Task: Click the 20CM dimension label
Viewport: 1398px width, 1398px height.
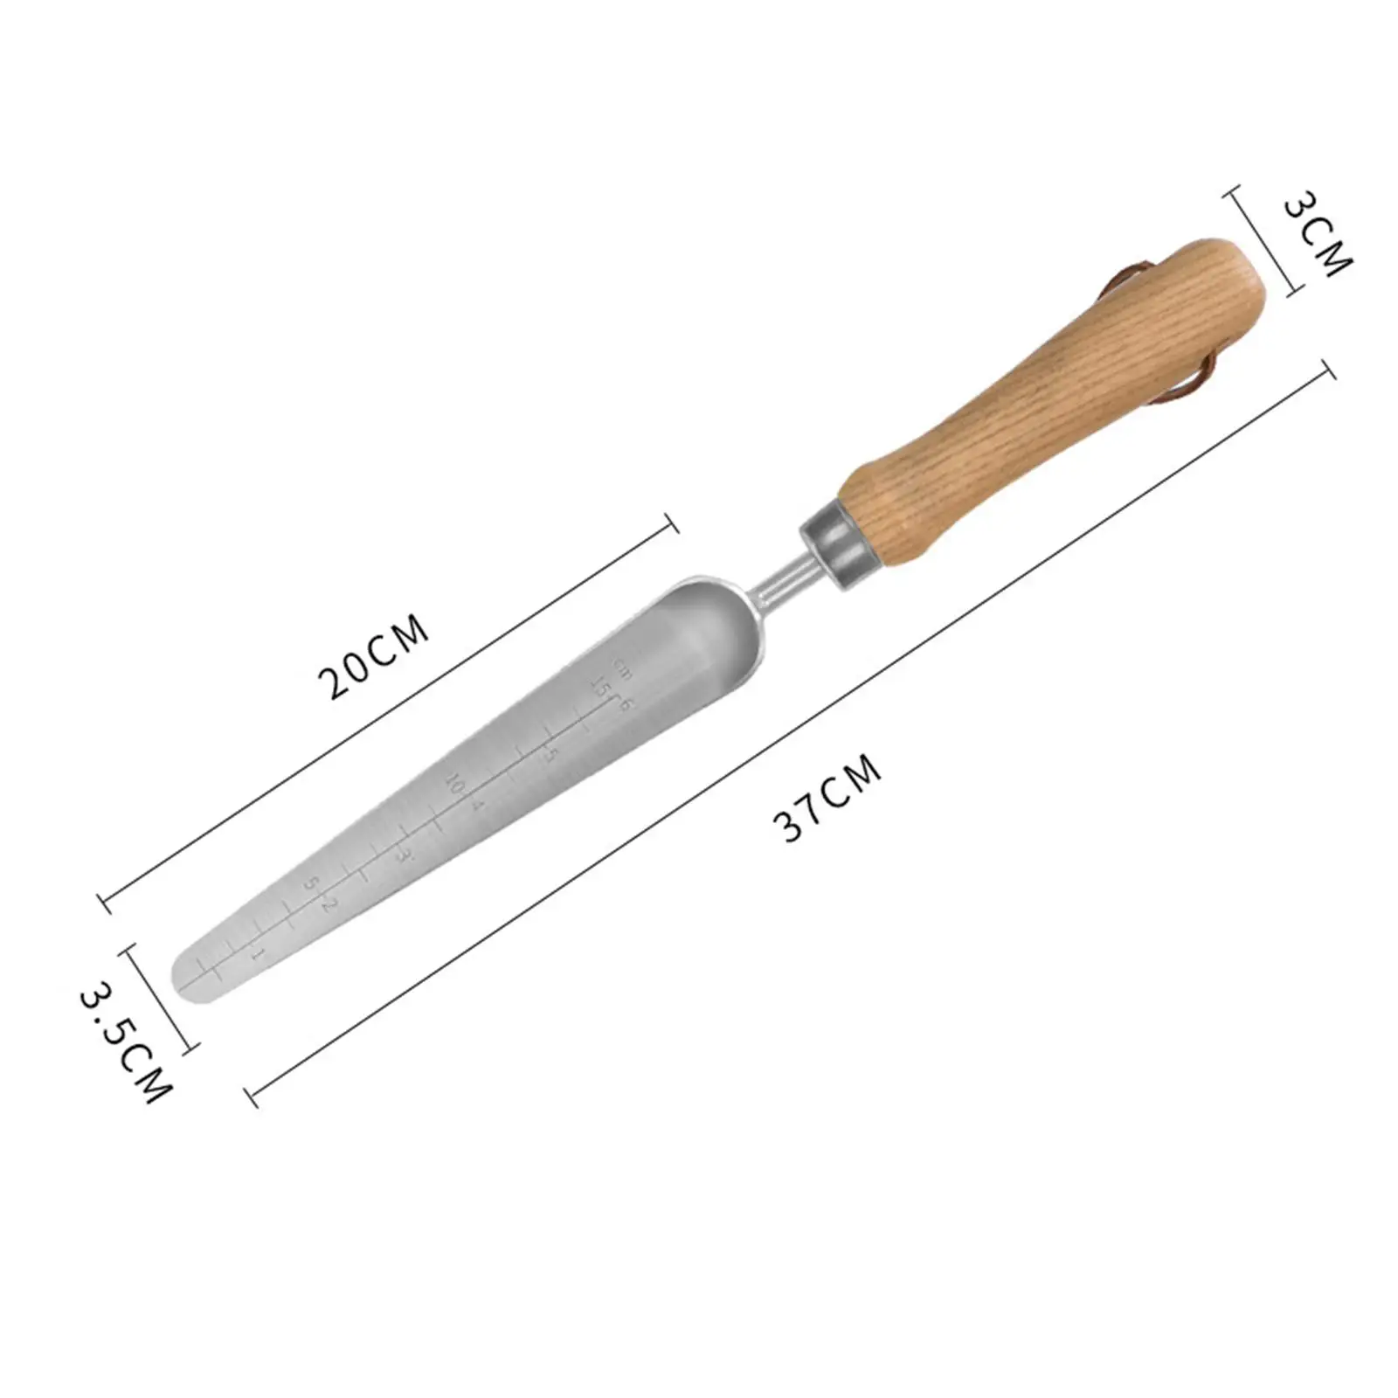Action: click(377, 657)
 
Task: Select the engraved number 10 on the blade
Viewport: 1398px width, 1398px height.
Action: click(453, 783)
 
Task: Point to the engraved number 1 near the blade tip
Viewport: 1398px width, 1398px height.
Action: click(257, 953)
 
